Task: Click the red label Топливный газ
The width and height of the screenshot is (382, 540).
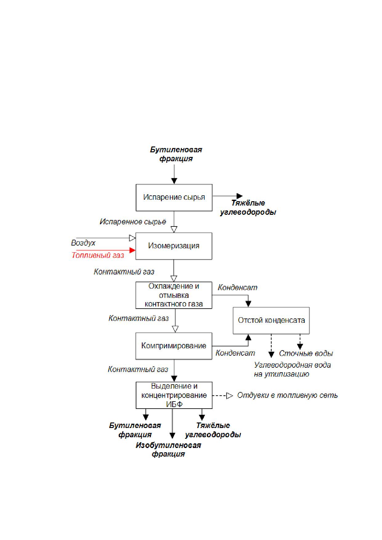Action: pos(98,255)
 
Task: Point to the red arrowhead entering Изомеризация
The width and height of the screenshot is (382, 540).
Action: pos(132,250)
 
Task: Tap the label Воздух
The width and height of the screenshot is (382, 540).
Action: pos(83,243)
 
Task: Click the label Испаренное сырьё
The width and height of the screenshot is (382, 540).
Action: pos(133,222)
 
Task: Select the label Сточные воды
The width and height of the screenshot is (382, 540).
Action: pos(306,353)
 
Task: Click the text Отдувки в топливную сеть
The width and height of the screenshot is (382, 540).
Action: pos(288,395)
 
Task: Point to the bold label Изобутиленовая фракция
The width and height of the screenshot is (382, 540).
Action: pos(168,450)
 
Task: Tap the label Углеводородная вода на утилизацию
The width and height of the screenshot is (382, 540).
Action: pos(292,370)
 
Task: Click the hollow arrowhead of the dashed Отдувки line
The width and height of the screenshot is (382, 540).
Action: pos(230,396)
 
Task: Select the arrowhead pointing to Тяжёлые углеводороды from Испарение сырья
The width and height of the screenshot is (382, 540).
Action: pos(239,196)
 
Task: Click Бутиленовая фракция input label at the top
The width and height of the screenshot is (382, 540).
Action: pos(176,154)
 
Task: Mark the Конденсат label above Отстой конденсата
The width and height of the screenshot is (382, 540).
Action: pos(238,288)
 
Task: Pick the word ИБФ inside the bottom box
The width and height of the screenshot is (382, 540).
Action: pos(175,404)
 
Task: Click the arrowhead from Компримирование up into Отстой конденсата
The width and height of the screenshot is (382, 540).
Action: pos(248,337)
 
